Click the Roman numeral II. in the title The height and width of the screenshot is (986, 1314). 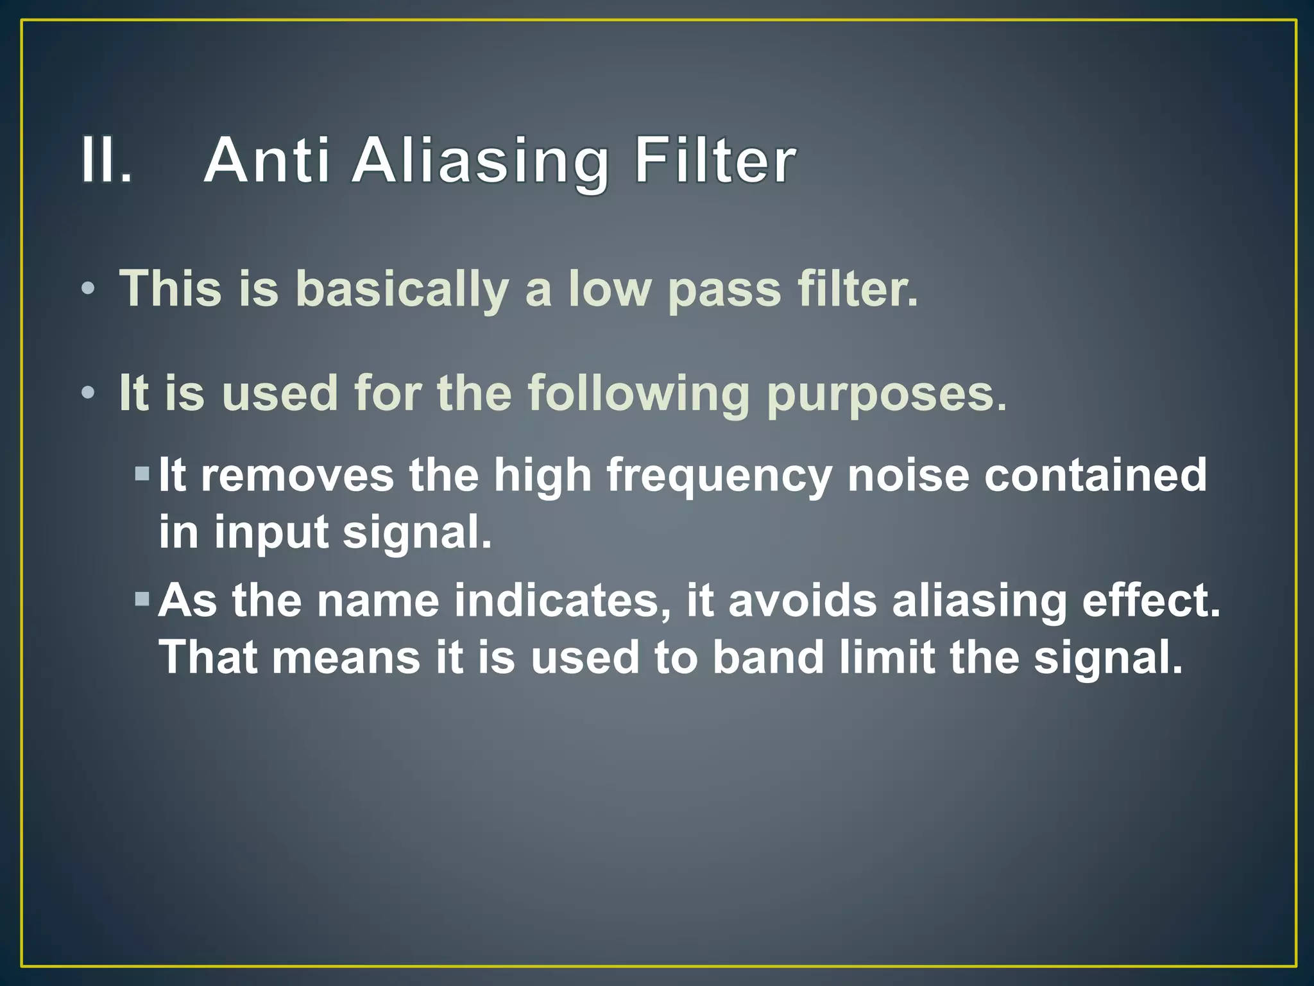tap(106, 160)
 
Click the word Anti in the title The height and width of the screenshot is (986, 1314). tap(267, 160)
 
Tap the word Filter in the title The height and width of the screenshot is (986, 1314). tap(715, 160)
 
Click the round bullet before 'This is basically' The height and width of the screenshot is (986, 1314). tap(89, 288)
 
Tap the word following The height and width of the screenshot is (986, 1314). tap(638, 394)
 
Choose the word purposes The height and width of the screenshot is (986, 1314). tap(887, 394)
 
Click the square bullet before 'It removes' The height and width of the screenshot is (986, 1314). tap(142, 475)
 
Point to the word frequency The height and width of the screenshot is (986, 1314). tap(719, 477)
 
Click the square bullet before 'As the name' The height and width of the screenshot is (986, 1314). tap(142, 601)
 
